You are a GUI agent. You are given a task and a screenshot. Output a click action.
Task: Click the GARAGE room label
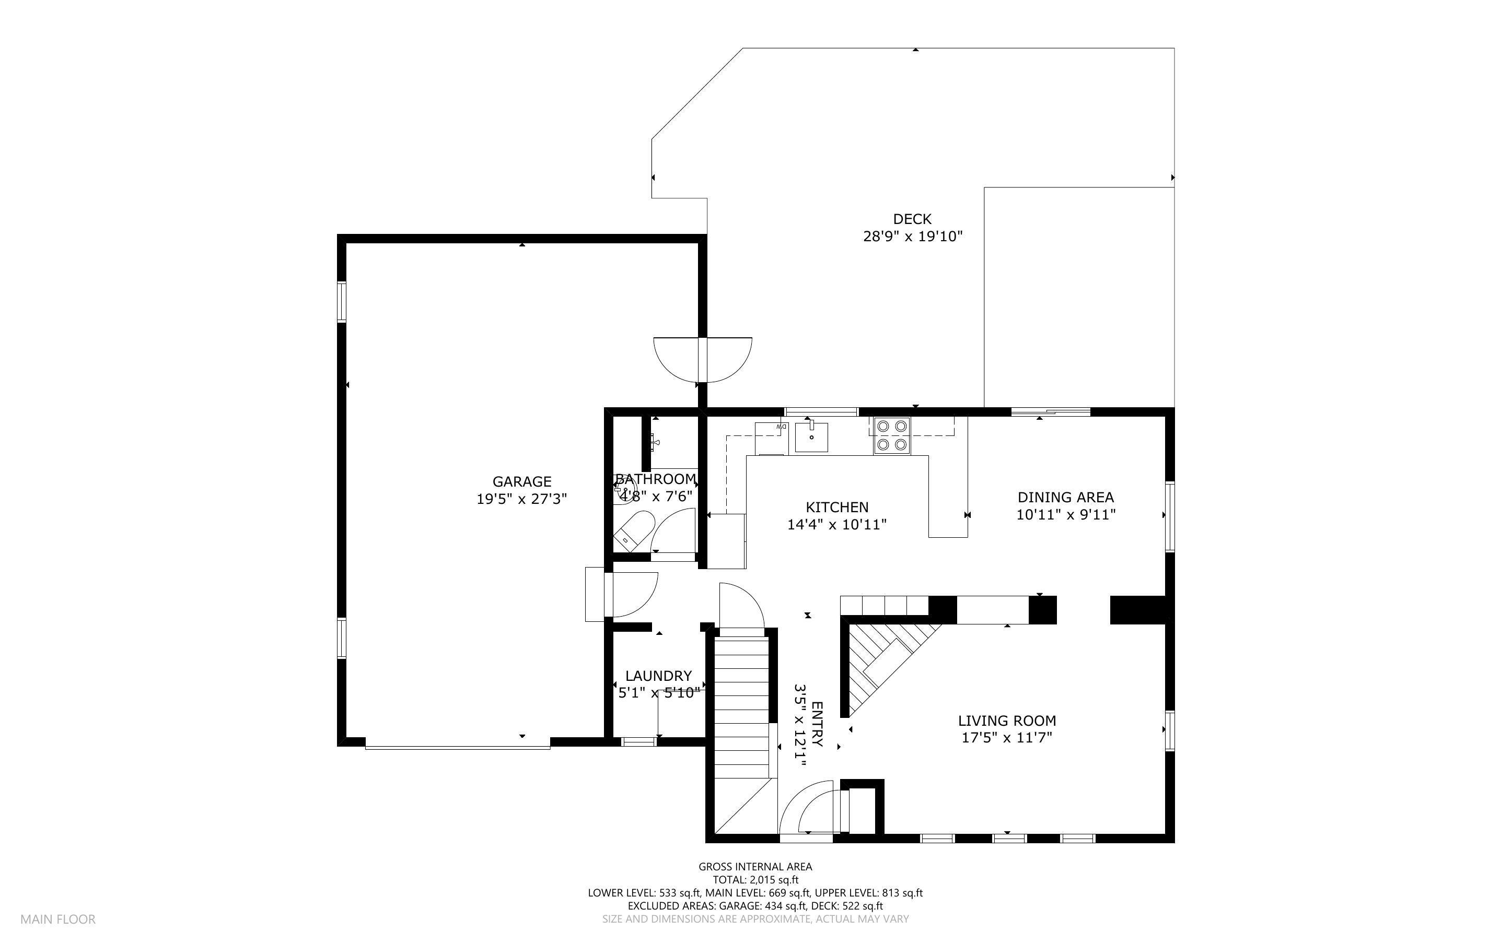pyautogui.click(x=521, y=481)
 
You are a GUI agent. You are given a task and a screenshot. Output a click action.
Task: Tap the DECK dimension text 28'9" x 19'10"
pyautogui.click(x=912, y=237)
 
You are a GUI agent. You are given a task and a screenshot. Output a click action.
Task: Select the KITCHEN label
pyautogui.click(x=837, y=507)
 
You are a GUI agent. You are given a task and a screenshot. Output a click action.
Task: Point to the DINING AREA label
pyautogui.click(x=1065, y=498)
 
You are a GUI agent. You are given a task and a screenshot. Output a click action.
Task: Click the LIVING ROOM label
pyautogui.click(x=1007, y=721)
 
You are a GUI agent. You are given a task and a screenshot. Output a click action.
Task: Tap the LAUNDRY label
pyautogui.click(x=658, y=676)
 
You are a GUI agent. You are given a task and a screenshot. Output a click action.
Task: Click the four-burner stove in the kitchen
pyautogui.click(x=892, y=435)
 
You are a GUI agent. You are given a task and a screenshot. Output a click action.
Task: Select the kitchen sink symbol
pyautogui.click(x=811, y=437)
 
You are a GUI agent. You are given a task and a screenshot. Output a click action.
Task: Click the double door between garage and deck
pyautogui.click(x=703, y=359)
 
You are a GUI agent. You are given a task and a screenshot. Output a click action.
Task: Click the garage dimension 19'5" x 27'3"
pyautogui.click(x=521, y=499)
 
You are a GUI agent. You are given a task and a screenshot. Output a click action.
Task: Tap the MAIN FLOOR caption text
pyautogui.click(x=57, y=919)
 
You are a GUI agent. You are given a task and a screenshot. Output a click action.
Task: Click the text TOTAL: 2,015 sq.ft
pyautogui.click(x=755, y=880)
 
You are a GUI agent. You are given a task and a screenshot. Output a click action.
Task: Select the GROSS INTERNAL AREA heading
pyautogui.click(x=755, y=867)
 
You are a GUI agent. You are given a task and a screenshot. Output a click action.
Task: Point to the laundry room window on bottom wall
pyautogui.click(x=638, y=742)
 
